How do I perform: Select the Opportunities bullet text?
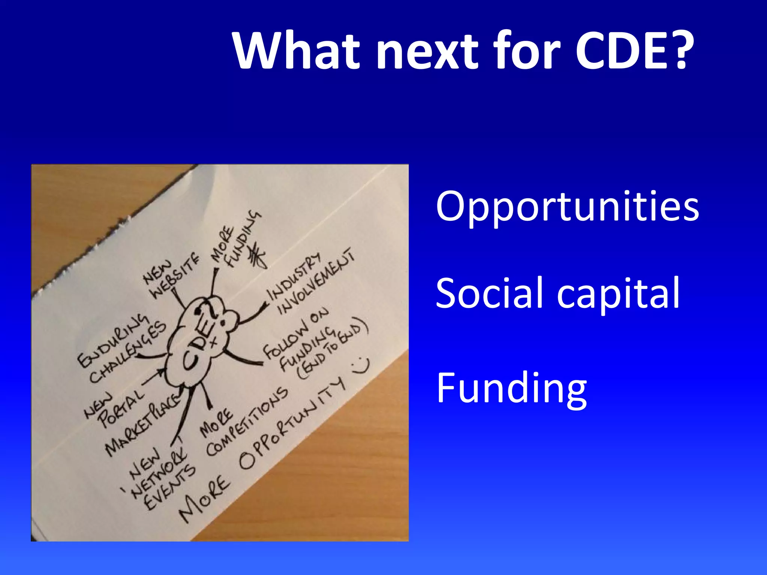click(567, 207)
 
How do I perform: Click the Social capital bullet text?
click(558, 293)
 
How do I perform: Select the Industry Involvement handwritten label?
click(311, 283)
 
